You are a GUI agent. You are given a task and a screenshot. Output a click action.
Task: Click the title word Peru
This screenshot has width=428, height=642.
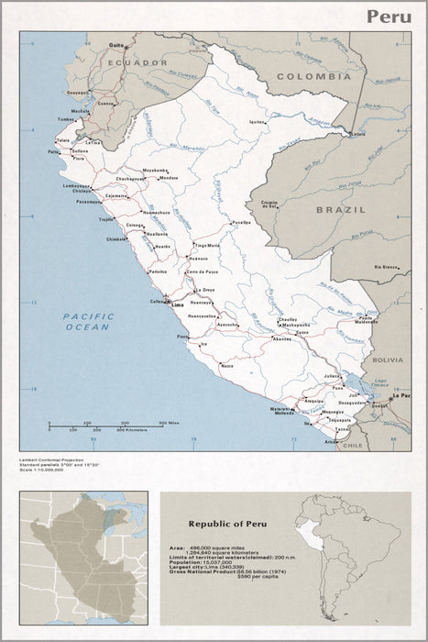coord(389,17)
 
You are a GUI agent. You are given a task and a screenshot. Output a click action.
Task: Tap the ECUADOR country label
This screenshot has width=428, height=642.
coord(136,61)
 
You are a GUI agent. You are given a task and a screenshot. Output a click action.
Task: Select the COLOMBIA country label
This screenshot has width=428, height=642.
coord(313,76)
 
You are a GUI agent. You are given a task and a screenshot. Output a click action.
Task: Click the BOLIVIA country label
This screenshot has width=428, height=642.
coord(387,360)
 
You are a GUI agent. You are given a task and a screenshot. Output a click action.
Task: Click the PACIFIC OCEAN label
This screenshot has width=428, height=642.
coord(86,321)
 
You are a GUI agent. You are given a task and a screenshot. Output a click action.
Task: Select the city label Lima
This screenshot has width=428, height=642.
coord(179,304)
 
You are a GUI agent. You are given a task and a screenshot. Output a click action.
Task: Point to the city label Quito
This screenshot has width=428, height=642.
coord(116,44)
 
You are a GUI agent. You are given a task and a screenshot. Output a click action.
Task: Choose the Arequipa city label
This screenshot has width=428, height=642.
coord(314,401)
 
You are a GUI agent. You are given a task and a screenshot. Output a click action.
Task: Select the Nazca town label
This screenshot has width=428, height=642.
coord(227,365)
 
